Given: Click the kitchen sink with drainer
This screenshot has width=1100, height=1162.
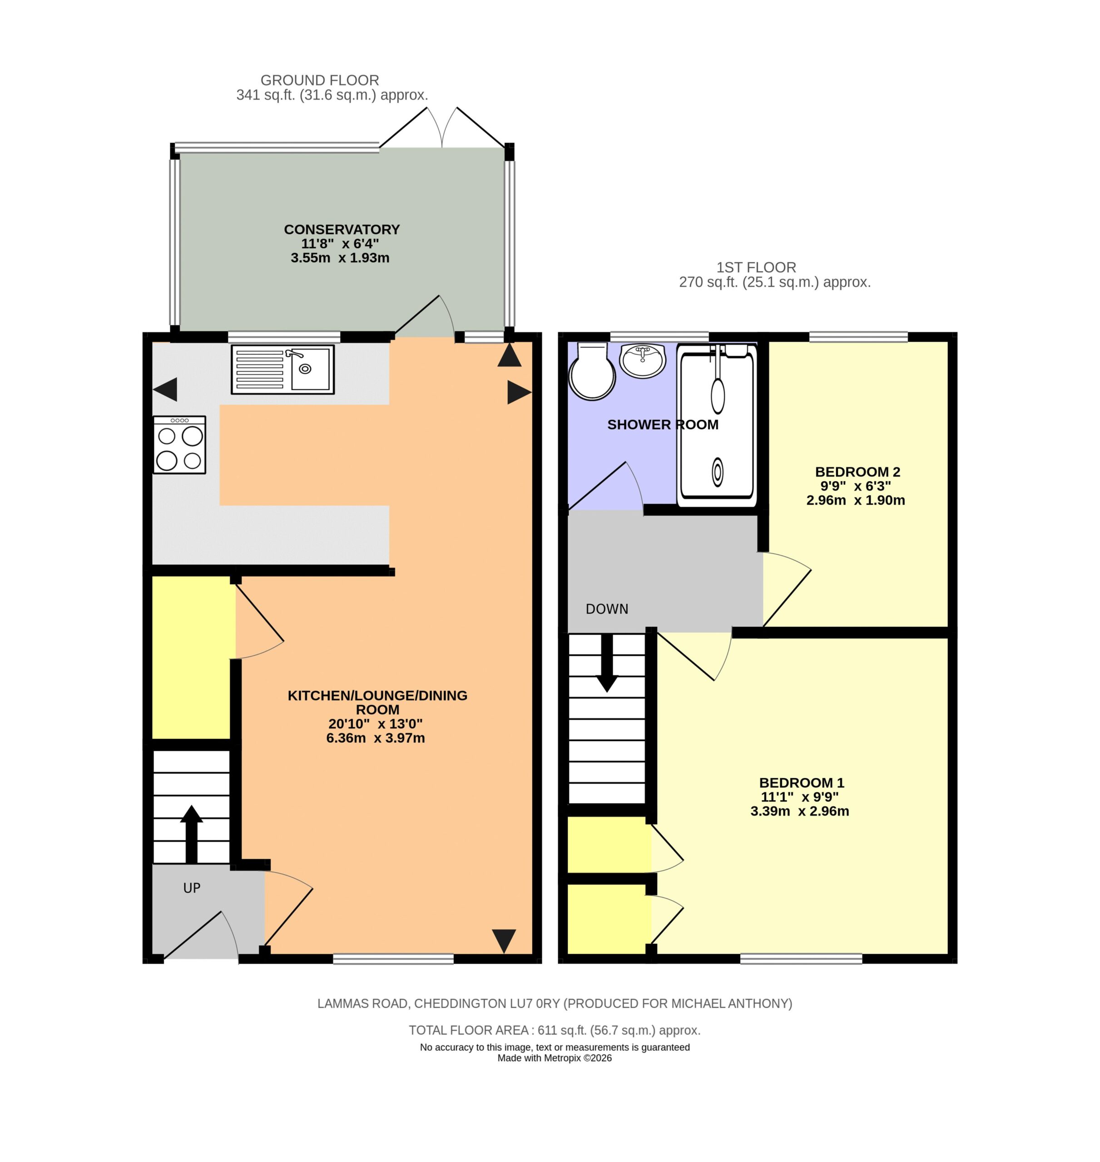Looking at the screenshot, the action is [x=282, y=369].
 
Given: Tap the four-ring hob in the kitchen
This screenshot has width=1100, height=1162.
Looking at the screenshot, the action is [x=179, y=445].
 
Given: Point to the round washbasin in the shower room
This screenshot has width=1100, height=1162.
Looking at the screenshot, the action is [x=643, y=360].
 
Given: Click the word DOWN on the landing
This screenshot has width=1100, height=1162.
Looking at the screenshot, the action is [x=607, y=609].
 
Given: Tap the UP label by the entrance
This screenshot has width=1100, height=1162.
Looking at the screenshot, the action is [x=192, y=888].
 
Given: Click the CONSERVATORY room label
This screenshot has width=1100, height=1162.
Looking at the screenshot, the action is [x=342, y=229].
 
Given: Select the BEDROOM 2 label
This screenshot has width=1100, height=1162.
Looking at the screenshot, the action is [x=857, y=472].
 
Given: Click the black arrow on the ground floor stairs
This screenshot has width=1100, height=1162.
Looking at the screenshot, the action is [x=191, y=834].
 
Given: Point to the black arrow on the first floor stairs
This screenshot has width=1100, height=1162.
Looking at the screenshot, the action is [x=607, y=663].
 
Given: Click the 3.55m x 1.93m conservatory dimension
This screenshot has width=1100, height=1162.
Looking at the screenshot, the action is [x=340, y=258].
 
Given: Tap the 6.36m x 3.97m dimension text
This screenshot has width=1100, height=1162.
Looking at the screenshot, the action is [x=376, y=738].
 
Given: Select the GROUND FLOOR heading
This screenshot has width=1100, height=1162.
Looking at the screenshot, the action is [x=320, y=80].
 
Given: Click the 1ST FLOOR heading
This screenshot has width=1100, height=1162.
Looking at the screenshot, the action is [x=756, y=267].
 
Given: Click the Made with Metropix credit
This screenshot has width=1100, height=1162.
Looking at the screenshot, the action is [x=555, y=1058].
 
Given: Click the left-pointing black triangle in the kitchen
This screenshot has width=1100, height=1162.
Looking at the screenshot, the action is [x=165, y=389].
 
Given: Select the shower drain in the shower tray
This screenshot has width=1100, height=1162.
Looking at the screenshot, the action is [x=717, y=471].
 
